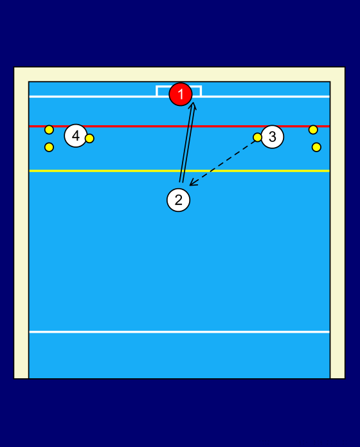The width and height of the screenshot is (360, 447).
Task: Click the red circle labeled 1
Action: click(181, 94)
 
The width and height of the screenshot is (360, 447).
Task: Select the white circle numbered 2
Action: click(178, 200)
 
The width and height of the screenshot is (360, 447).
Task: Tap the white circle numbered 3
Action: click(272, 137)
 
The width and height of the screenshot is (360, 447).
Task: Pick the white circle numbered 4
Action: click(76, 136)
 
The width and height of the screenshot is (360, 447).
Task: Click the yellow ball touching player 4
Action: click(89, 139)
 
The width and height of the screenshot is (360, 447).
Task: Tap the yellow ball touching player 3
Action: click(257, 137)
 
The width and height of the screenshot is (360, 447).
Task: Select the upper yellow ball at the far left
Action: click(49, 130)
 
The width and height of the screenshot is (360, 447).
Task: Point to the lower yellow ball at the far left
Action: click(49, 147)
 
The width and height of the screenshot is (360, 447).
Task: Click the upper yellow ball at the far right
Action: click(313, 130)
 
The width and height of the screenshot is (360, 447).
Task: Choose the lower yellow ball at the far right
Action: click(316, 147)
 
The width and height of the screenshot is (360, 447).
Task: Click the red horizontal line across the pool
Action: click(179, 126)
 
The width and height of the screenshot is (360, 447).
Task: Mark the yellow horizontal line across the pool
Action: click(179, 171)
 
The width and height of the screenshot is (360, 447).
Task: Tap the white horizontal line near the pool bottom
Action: click(179, 332)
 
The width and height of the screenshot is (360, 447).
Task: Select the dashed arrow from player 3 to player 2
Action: click(222, 162)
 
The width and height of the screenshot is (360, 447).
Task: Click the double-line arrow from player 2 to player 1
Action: click(188, 143)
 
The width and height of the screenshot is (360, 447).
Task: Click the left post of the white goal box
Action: click(157, 91)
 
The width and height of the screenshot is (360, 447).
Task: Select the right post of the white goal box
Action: click(201, 91)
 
